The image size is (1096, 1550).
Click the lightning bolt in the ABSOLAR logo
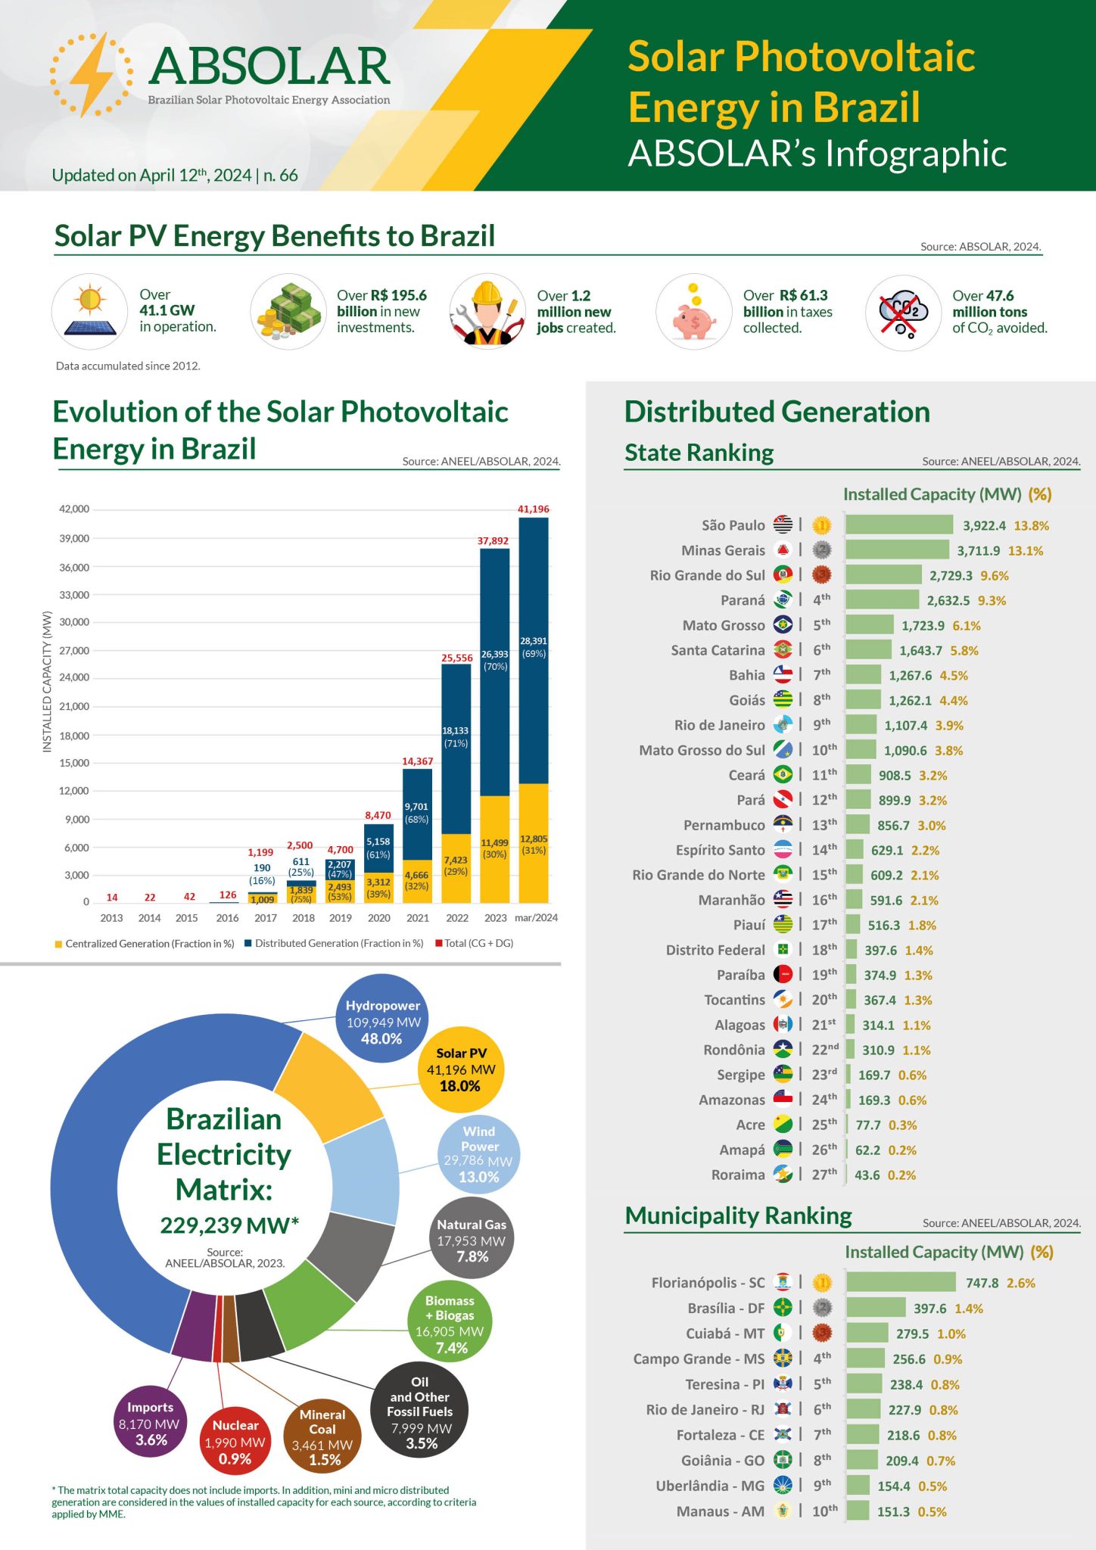(91, 75)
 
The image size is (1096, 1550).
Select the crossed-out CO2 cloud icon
(902, 312)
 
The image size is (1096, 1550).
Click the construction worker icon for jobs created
(487, 312)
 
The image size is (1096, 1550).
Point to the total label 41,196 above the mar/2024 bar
(533, 509)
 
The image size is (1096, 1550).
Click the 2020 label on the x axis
(378, 918)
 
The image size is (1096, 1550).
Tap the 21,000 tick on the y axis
(74, 706)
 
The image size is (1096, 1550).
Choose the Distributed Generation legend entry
(333, 943)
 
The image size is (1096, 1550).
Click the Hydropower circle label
(382, 1021)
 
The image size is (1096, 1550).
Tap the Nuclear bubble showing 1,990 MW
(235, 1441)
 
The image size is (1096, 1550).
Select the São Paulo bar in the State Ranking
(898, 525)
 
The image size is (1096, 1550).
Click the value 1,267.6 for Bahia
(910, 675)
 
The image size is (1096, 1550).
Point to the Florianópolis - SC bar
(901, 1282)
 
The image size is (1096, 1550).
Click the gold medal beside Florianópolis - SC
(822, 1282)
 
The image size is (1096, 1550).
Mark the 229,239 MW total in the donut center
(229, 1225)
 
